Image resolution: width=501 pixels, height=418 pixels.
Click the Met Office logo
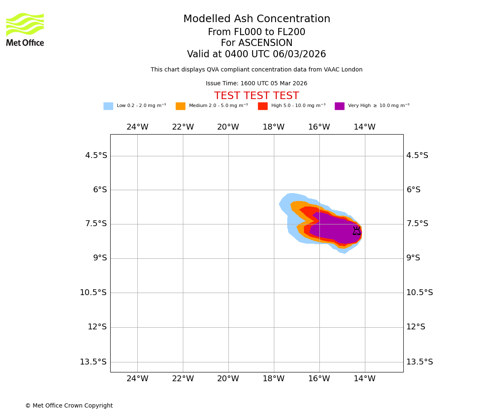tap(25, 29)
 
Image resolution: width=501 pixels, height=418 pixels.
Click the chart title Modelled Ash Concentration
tap(256, 19)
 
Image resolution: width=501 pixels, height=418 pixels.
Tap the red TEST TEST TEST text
tap(256, 96)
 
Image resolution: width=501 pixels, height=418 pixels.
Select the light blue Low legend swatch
tap(108, 106)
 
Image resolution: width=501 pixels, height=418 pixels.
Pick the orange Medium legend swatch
tap(180, 106)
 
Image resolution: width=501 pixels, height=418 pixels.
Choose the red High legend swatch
tap(263, 106)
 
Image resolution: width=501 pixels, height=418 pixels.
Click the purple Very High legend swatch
tap(339, 106)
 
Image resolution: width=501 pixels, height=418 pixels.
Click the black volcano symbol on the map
tap(357, 231)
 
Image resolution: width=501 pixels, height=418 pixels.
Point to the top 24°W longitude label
tap(137, 127)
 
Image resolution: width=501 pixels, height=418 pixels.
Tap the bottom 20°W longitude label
tap(228, 379)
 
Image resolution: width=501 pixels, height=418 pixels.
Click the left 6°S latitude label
tap(100, 190)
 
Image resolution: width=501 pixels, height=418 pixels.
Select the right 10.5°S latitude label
tap(420, 293)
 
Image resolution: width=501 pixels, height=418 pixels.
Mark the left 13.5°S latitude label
tap(93, 362)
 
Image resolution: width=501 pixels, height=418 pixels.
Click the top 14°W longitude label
tap(364, 127)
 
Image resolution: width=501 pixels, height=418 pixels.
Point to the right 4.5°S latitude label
tap(417, 155)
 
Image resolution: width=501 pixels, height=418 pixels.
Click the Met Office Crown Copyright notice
tap(69, 406)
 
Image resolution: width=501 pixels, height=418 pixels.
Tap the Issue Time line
tap(256, 84)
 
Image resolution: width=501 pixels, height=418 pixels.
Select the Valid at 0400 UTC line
tap(256, 54)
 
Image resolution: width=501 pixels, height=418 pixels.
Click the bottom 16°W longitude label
tap(319, 379)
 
